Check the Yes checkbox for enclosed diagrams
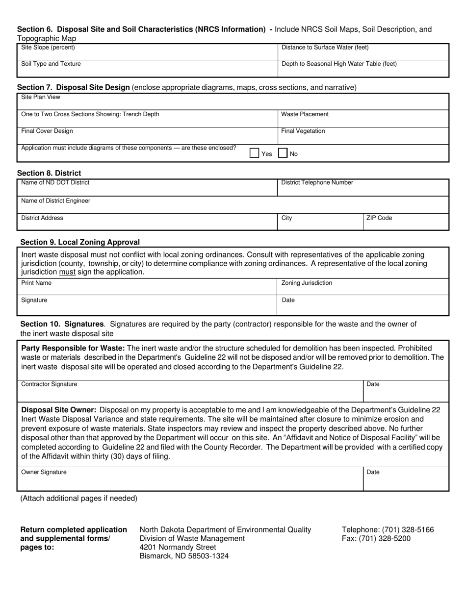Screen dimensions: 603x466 (254, 153)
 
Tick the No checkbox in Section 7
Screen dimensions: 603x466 (283, 153)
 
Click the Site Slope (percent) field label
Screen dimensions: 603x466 (48, 48)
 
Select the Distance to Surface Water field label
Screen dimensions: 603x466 (325, 48)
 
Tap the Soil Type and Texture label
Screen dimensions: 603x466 (51, 64)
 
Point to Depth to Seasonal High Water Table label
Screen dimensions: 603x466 (339, 64)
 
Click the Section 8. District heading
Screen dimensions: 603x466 (49, 173)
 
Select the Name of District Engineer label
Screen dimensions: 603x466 (55, 201)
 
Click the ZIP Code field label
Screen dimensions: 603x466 (379, 218)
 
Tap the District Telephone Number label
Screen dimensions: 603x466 (317, 182)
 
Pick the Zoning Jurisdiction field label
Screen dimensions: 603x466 (307, 283)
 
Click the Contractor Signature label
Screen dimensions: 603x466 (49, 384)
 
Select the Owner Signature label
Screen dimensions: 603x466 (44, 472)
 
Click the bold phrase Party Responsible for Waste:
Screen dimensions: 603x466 (73, 348)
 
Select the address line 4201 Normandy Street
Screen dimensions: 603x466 (178, 547)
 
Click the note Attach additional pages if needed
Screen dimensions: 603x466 (78, 498)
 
